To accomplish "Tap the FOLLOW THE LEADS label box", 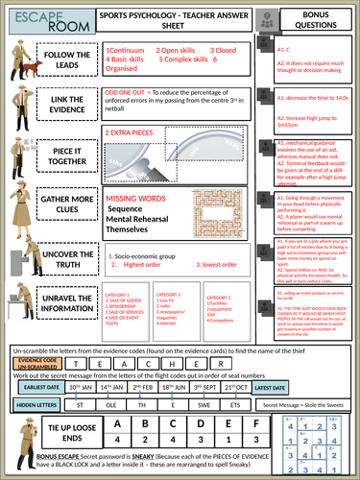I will [67, 59].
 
